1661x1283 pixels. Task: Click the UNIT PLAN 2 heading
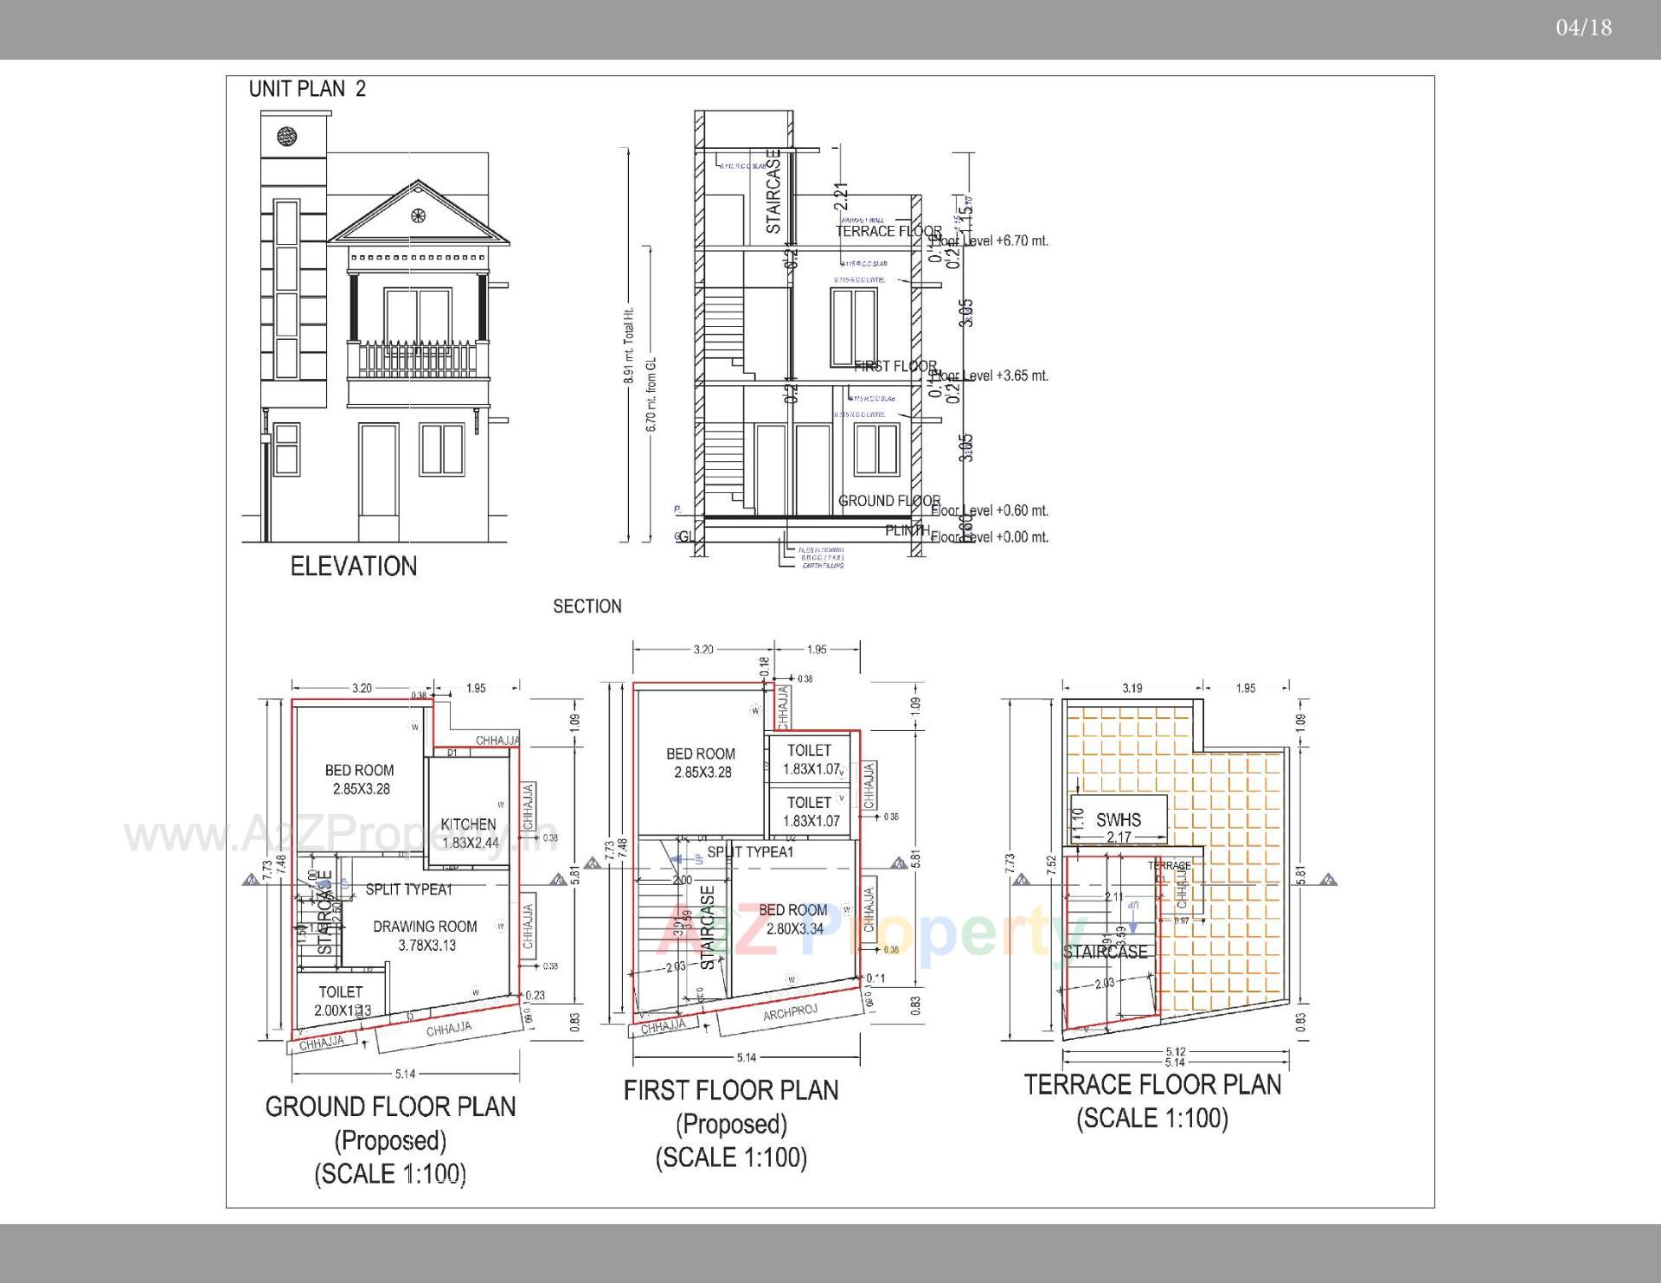coord(307,89)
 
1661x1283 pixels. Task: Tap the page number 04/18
coord(1583,28)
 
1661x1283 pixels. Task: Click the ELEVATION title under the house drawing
coord(353,567)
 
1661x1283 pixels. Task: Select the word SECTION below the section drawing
coord(587,606)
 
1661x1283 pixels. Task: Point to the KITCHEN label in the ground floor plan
coord(469,824)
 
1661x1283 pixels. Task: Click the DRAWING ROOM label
coord(425,927)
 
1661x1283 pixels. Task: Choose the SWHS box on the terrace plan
coord(1119,819)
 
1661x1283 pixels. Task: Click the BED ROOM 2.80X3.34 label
coord(793,919)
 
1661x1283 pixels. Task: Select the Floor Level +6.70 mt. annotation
coord(991,241)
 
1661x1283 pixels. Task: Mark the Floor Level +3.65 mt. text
coord(991,375)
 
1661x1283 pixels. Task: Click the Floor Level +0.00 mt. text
coord(991,537)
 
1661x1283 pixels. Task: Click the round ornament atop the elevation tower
coord(287,136)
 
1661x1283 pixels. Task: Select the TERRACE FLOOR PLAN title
coord(1152,1085)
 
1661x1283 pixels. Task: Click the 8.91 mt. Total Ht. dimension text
coord(630,344)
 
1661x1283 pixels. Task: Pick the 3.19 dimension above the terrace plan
coord(1132,689)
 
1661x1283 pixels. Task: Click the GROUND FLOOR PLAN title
coord(390,1107)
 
